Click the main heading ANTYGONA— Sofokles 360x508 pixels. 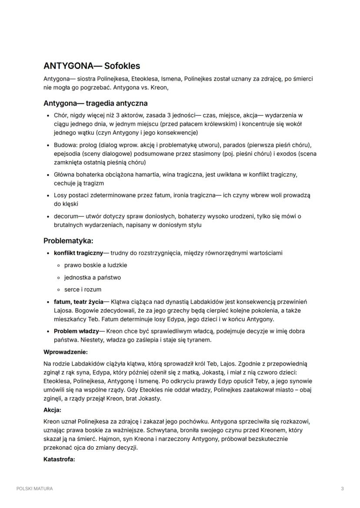click(x=92, y=66)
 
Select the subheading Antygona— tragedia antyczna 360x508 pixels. click(x=95, y=103)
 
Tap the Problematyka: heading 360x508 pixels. click(x=68, y=240)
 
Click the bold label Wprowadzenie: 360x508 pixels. click(x=66, y=352)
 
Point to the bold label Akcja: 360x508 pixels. click(x=52, y=410)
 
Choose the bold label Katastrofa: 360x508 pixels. click(x=59, y=459)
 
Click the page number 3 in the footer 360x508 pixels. click(x=342, y=488)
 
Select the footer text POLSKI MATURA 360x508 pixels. click(x=35, y=488)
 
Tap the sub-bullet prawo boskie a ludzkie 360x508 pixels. click(x=96, y=265)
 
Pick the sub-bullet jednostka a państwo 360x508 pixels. click(x=93, y=277)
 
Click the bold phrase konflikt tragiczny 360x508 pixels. click(x=78, y=253)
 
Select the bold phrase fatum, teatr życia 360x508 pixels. click(x=78, y=302)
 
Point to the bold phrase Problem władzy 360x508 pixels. click(x=76, y=331)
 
